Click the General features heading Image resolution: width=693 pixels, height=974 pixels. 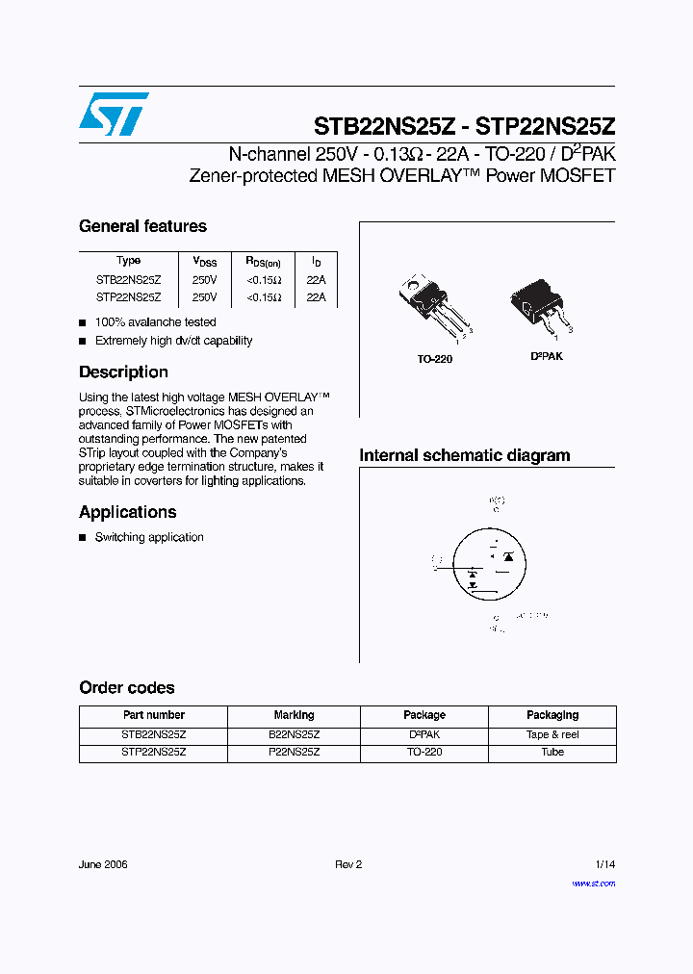(142, 227)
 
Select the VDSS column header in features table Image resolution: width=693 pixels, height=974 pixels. (205, 261)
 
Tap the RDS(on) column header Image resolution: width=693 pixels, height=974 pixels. (263, 261)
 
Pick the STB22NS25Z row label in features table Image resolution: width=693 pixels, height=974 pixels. (128, 280)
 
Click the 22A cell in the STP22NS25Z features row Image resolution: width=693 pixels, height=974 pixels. (316, 298)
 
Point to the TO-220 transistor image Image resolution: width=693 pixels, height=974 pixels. (432, 304)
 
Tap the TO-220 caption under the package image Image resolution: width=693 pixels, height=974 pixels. (434, 359)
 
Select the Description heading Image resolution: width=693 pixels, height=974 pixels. (123, 372)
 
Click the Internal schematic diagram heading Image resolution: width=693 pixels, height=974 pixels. (465, 456)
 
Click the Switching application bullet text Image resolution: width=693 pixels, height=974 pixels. (149, 538)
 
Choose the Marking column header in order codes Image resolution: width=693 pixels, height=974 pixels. (294, 715)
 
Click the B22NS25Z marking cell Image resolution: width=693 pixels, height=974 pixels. (294, 734)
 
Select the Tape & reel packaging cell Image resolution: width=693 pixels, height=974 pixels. (552, 734)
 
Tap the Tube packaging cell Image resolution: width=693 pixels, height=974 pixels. (552, 752)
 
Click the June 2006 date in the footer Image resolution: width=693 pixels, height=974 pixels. (103, 864)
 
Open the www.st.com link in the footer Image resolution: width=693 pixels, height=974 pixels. (593, 884)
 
